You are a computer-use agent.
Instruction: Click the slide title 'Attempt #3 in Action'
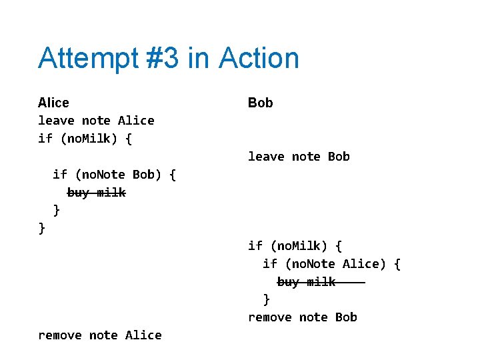point(169,59)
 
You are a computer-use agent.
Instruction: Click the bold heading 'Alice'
point(53,103)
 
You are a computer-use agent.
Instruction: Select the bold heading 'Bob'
point(260,103)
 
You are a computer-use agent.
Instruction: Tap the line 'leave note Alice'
point(96,121)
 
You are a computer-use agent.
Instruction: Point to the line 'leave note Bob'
point(299,157)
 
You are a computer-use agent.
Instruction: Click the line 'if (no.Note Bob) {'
point(114,175)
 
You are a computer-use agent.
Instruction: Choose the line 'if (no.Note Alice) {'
point(331,264)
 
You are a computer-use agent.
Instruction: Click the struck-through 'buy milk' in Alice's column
point(96,193)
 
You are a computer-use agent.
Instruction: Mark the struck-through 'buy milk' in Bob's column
point(307,282)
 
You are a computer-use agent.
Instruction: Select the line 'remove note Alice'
point(100,335)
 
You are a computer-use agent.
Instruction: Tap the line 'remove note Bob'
point(303,317)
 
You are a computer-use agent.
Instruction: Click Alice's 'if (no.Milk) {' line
point(85,139)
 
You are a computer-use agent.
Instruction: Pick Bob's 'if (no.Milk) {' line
point(295,246)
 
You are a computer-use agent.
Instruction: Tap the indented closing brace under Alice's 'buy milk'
point(57,210)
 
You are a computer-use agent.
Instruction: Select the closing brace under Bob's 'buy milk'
point(267,299)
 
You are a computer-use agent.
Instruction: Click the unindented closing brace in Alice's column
point(42,228)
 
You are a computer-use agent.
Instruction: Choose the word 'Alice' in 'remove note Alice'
point(143,335)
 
